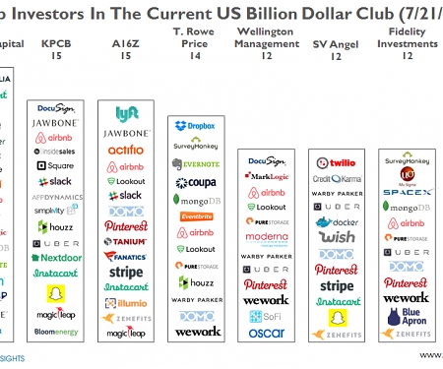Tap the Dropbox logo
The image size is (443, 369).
[197, 126]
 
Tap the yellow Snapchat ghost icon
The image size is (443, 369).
[48, 293]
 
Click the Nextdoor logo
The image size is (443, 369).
[48, 256]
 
